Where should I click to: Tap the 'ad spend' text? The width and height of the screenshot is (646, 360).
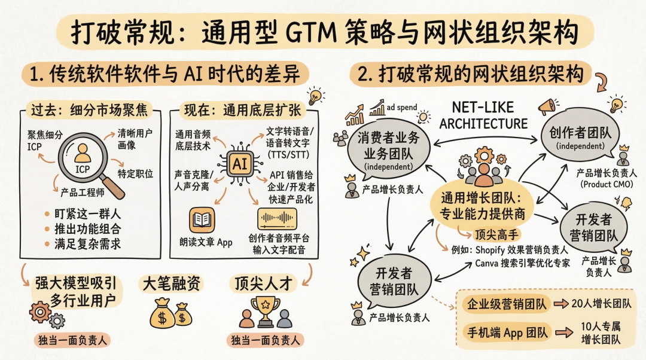click(x=403, y=107)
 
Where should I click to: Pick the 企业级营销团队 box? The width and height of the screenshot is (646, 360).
click(x=506, y=304)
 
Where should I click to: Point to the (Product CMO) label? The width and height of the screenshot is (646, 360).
click(x=604, y=184)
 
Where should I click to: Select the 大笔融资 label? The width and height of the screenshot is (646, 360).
click(x=170, y=283)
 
